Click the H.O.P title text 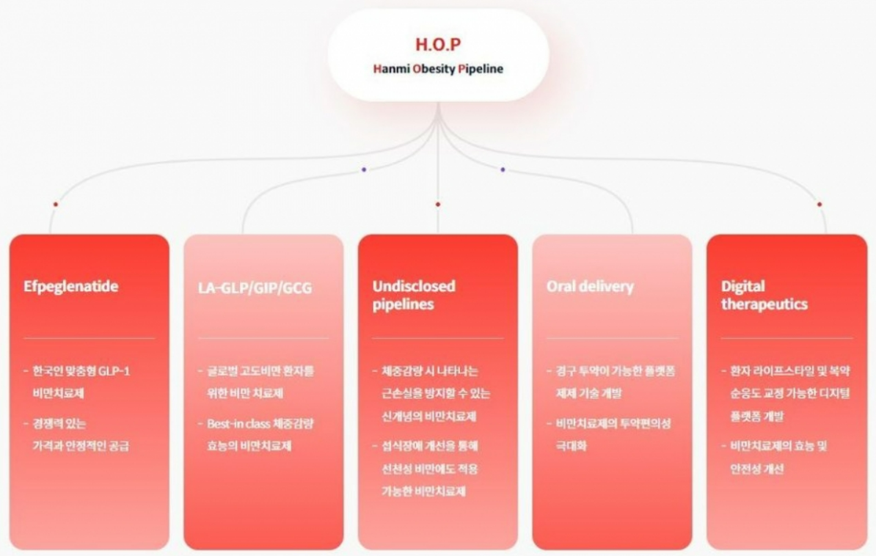(438, 44)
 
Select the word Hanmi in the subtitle (390, 70)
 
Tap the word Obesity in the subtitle (433, 70)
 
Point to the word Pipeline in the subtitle (480, 70)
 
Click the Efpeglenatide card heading (70, 286)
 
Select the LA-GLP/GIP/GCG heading (255, 287)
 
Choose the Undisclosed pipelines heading (413, 295)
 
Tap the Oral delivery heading (590, 286)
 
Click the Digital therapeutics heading (764, 295)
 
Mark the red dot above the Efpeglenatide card (55, 204)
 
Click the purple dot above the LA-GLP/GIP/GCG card (364, 169)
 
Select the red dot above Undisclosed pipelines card (438, 204)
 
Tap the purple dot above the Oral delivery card (503, 169)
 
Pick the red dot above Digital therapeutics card (820, 204)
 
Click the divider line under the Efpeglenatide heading (89, 338)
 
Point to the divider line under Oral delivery (611, 338)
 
